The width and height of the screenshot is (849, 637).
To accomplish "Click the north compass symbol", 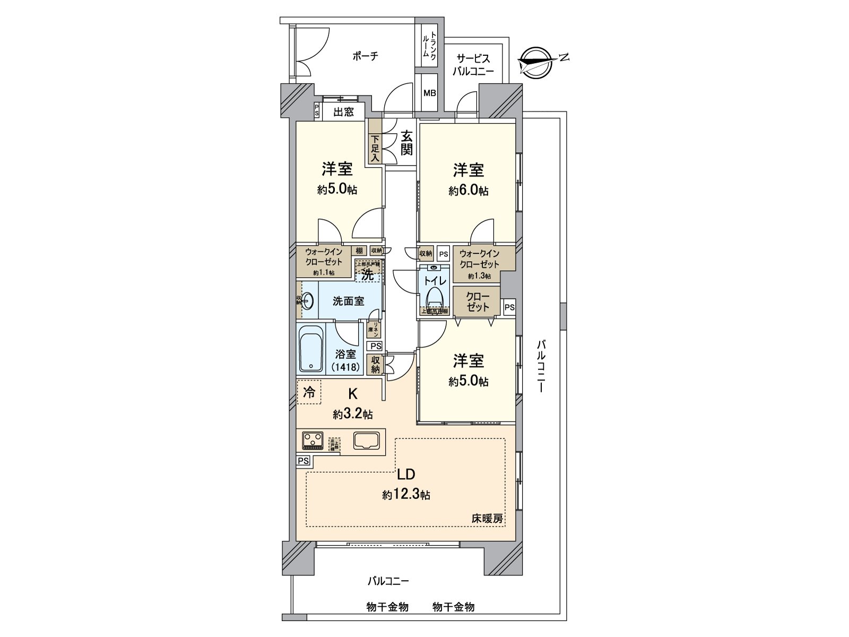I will pos(538,62).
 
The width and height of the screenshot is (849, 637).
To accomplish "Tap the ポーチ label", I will pos(366,56).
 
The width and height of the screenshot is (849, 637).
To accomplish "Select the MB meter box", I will pos(429,92).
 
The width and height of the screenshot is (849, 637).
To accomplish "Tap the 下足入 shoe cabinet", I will pos(375,148).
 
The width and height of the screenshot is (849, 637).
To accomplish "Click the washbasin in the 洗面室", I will pos(308,300).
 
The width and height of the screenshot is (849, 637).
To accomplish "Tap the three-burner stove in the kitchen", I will pos(313,440).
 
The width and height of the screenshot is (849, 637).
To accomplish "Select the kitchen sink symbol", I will pos(366,441).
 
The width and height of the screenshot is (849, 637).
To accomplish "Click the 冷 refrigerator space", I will pos(309,393).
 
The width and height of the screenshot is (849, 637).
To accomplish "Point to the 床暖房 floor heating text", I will pos(487,519).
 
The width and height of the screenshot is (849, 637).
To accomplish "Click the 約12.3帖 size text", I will pos(406,495).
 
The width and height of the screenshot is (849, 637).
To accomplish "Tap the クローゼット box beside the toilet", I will pos(477,302).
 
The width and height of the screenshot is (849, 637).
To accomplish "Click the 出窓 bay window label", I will pos(344,112).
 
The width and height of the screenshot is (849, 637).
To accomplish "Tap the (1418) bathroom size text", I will pos(346,366).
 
